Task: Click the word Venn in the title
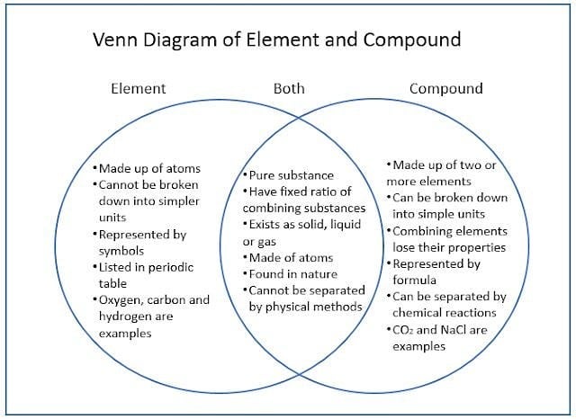pyautogui.click(x=115, y=40)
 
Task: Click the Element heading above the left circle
pyautogui.click(x=138, y=89)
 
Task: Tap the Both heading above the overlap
pyautogui.click(x=289, y=89)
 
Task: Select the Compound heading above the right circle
pyautogui.click(x=446, y=89)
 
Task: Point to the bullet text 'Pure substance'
pyautogui.click(x=292, y=175)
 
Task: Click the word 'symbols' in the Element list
pyautogui.click(x=121, y=252)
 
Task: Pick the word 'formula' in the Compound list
pyautogui.click(x=414, y=281)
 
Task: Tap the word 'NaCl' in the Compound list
pyautogui.click(x=453, y=330)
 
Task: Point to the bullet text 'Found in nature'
pyautogui.click(x=293, y=274)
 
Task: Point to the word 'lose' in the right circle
pyautogui.click(x=405, y=247)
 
